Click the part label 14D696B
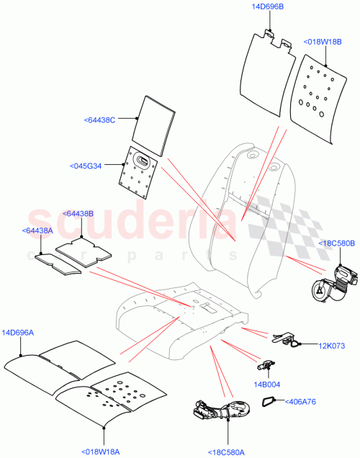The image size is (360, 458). [x=268, y=7]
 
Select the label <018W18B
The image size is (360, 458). [x=323, y=42]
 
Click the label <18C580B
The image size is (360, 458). [x=336, y=244]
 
